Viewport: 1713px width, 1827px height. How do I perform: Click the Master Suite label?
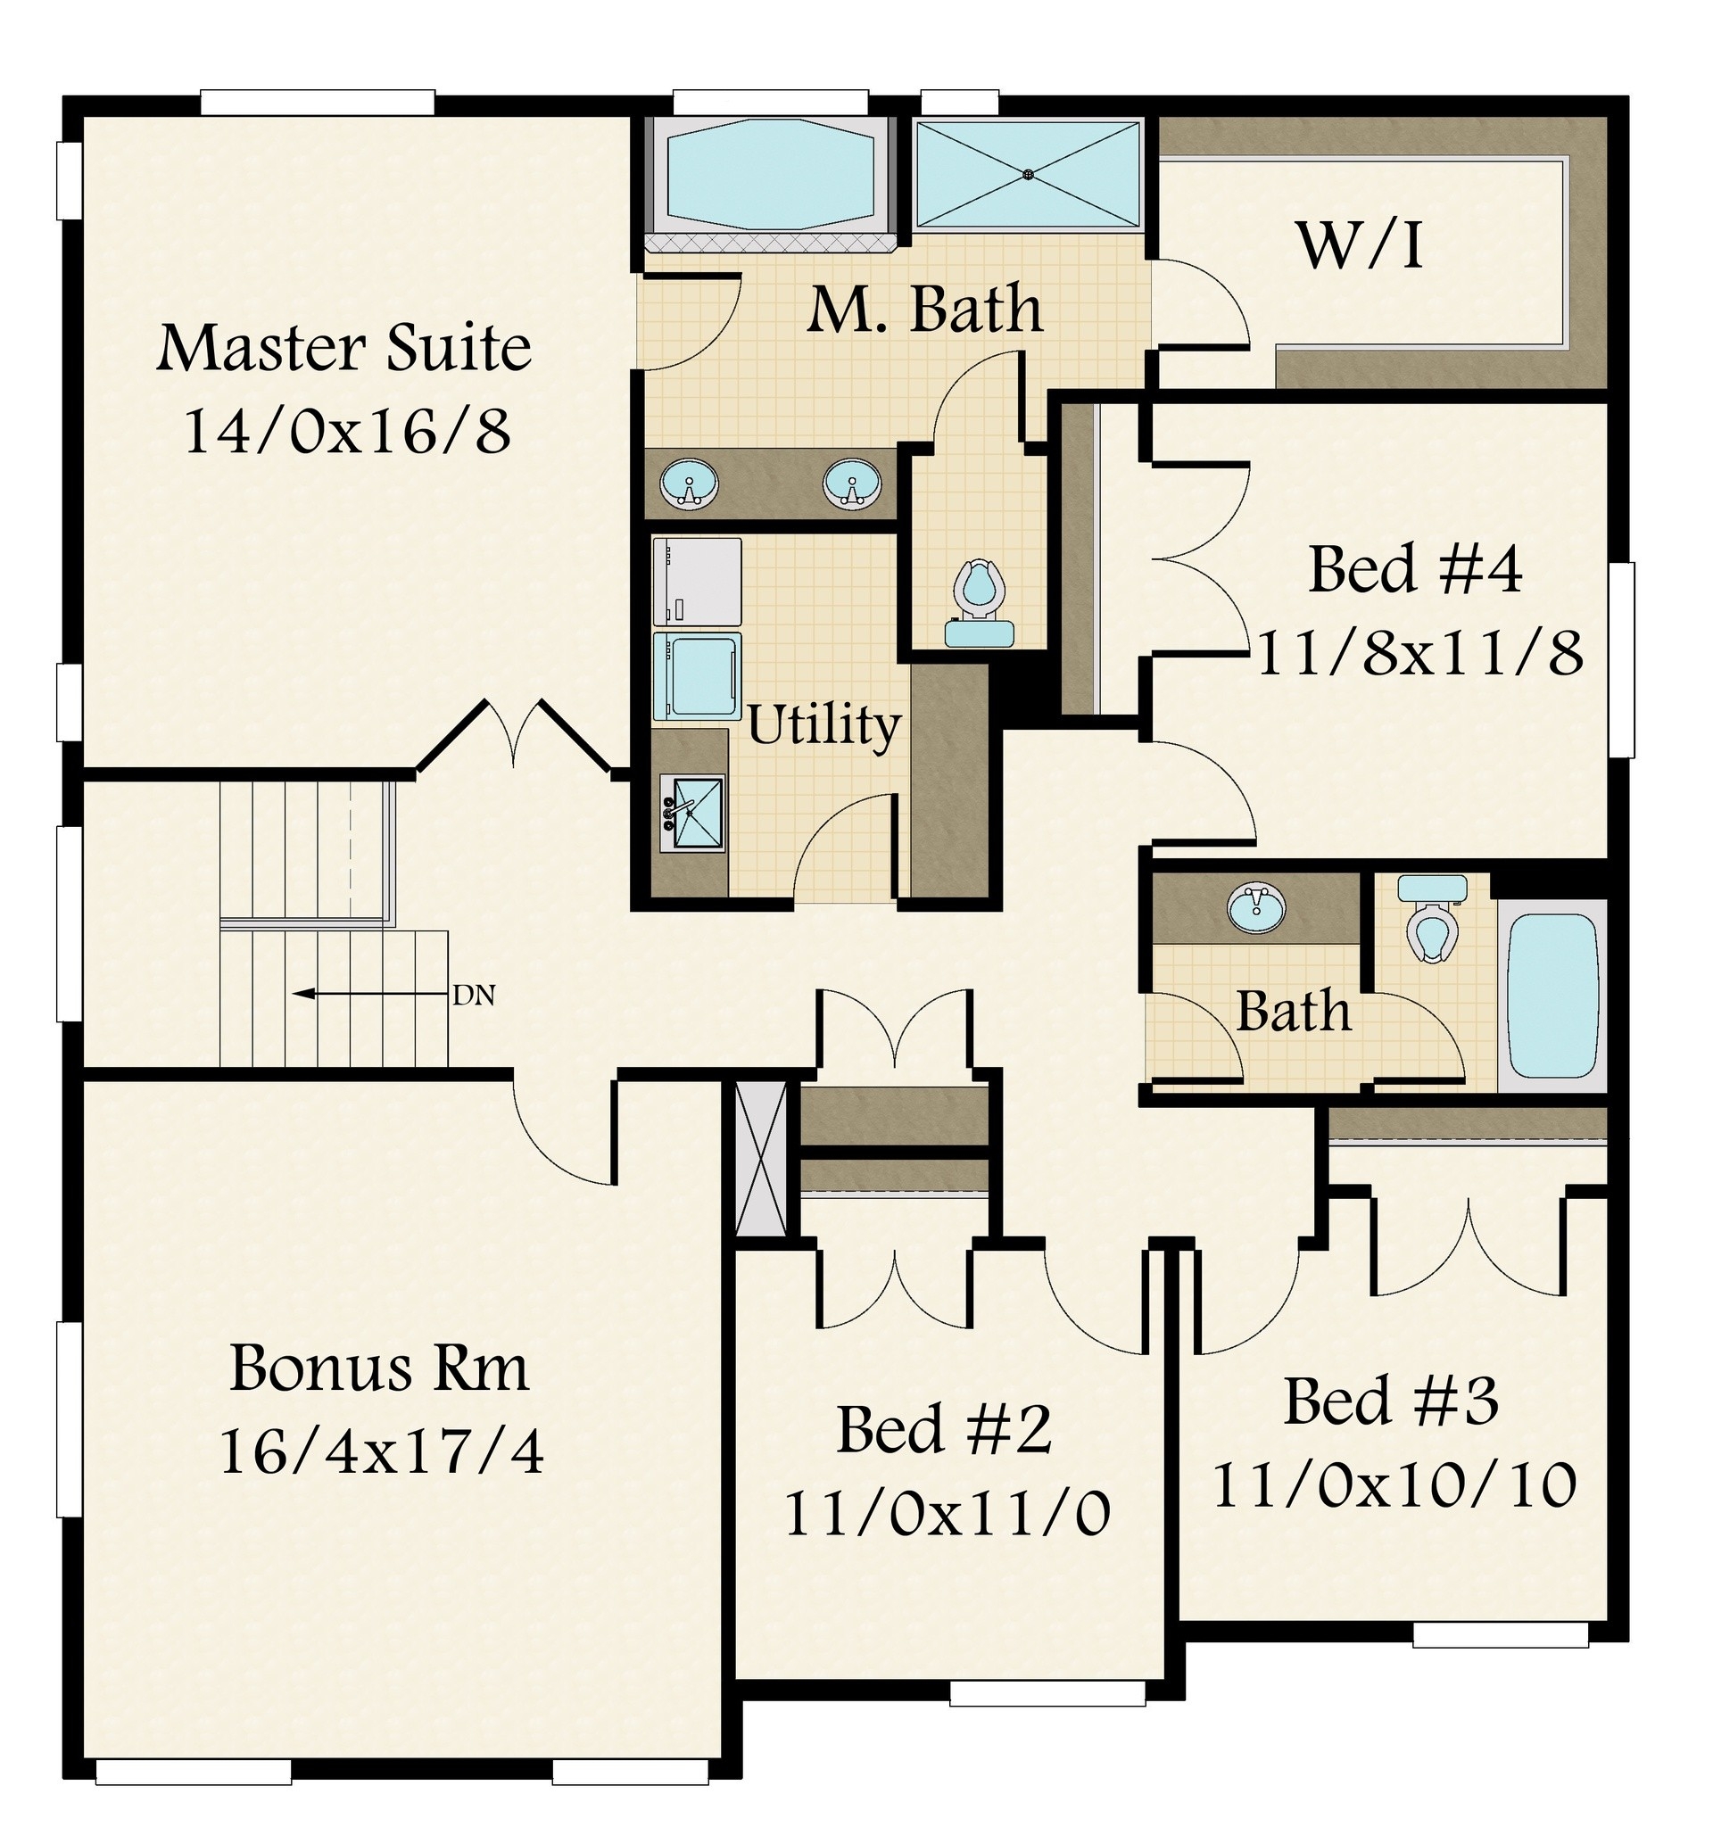pos(343,348)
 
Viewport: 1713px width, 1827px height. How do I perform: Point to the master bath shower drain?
pos(1030,173)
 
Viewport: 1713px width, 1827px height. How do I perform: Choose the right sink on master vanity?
pos(852,484)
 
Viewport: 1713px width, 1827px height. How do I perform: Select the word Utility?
pos(823,726)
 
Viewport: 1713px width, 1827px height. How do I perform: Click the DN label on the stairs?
pos(475,995)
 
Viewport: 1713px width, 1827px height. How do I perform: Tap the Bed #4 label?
pos(1414,570)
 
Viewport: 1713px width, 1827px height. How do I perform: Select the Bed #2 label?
pos(943,1430)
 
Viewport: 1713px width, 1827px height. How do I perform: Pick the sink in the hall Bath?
pos(1256,907)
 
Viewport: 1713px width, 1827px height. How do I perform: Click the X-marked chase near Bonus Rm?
pos(762,1160)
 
